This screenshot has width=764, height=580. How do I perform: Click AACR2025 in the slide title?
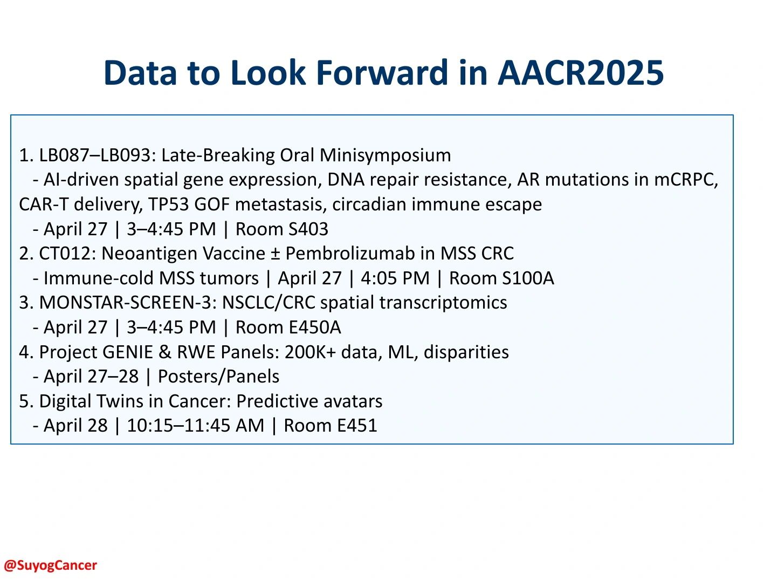(580, 72)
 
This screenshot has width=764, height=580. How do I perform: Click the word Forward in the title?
(382, 72)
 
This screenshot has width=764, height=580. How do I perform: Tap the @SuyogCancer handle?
(50, 565)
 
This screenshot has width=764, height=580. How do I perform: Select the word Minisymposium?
(385, 155)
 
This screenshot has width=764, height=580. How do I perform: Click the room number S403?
(308, 229)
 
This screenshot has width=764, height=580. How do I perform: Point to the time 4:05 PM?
(395, 278)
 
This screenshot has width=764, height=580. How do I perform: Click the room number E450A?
(315, 327)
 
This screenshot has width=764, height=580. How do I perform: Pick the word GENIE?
(127, 352)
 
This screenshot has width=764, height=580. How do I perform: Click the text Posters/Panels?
(218, 377)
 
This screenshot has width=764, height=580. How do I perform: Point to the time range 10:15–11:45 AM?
(196, 426)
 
